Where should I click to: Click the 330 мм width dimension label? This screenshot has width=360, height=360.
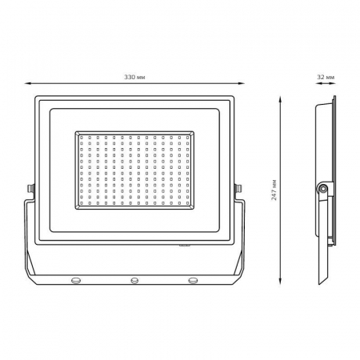(x=134, y=78)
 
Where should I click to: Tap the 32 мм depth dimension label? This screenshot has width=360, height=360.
(x=326, y=78)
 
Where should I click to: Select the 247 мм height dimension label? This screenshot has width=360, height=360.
(x=274, y=190)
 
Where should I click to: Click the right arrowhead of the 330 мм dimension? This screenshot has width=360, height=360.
(x=242, y=83)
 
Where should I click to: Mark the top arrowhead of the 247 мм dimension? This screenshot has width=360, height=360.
(x=280, y=99)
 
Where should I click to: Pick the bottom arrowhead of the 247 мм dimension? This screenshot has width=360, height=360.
(x=280, y=281)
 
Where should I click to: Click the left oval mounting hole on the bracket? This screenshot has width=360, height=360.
(x=76, y=280)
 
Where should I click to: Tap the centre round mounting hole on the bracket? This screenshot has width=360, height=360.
(x=134, y=280)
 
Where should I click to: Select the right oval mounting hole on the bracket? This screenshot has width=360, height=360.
(x=193, y=280)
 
